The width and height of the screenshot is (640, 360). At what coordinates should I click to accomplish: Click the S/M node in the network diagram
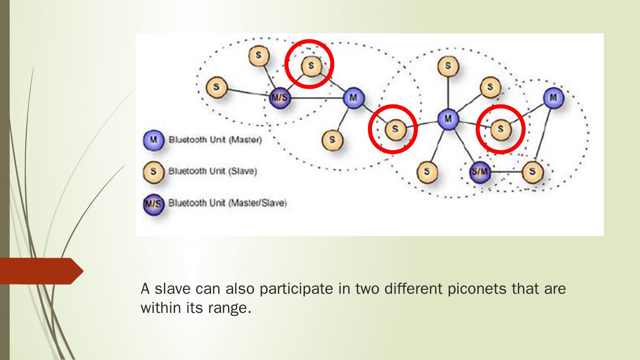pos(480,172)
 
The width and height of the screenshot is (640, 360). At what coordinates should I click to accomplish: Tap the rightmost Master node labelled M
pos(553,97)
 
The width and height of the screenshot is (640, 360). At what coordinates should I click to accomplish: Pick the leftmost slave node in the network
pos(216,87)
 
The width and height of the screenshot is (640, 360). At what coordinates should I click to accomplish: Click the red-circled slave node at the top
pos(311,66)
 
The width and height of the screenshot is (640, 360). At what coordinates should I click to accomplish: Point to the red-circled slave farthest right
pos(501,129)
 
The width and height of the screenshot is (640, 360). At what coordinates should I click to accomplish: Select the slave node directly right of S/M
pos(532,172)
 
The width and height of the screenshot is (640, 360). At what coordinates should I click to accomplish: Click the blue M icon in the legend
pos(153,140)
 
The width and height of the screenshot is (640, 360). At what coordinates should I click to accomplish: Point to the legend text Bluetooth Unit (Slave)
pos(212,171)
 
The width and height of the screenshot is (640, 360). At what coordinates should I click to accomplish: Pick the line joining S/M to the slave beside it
pos(507,172)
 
